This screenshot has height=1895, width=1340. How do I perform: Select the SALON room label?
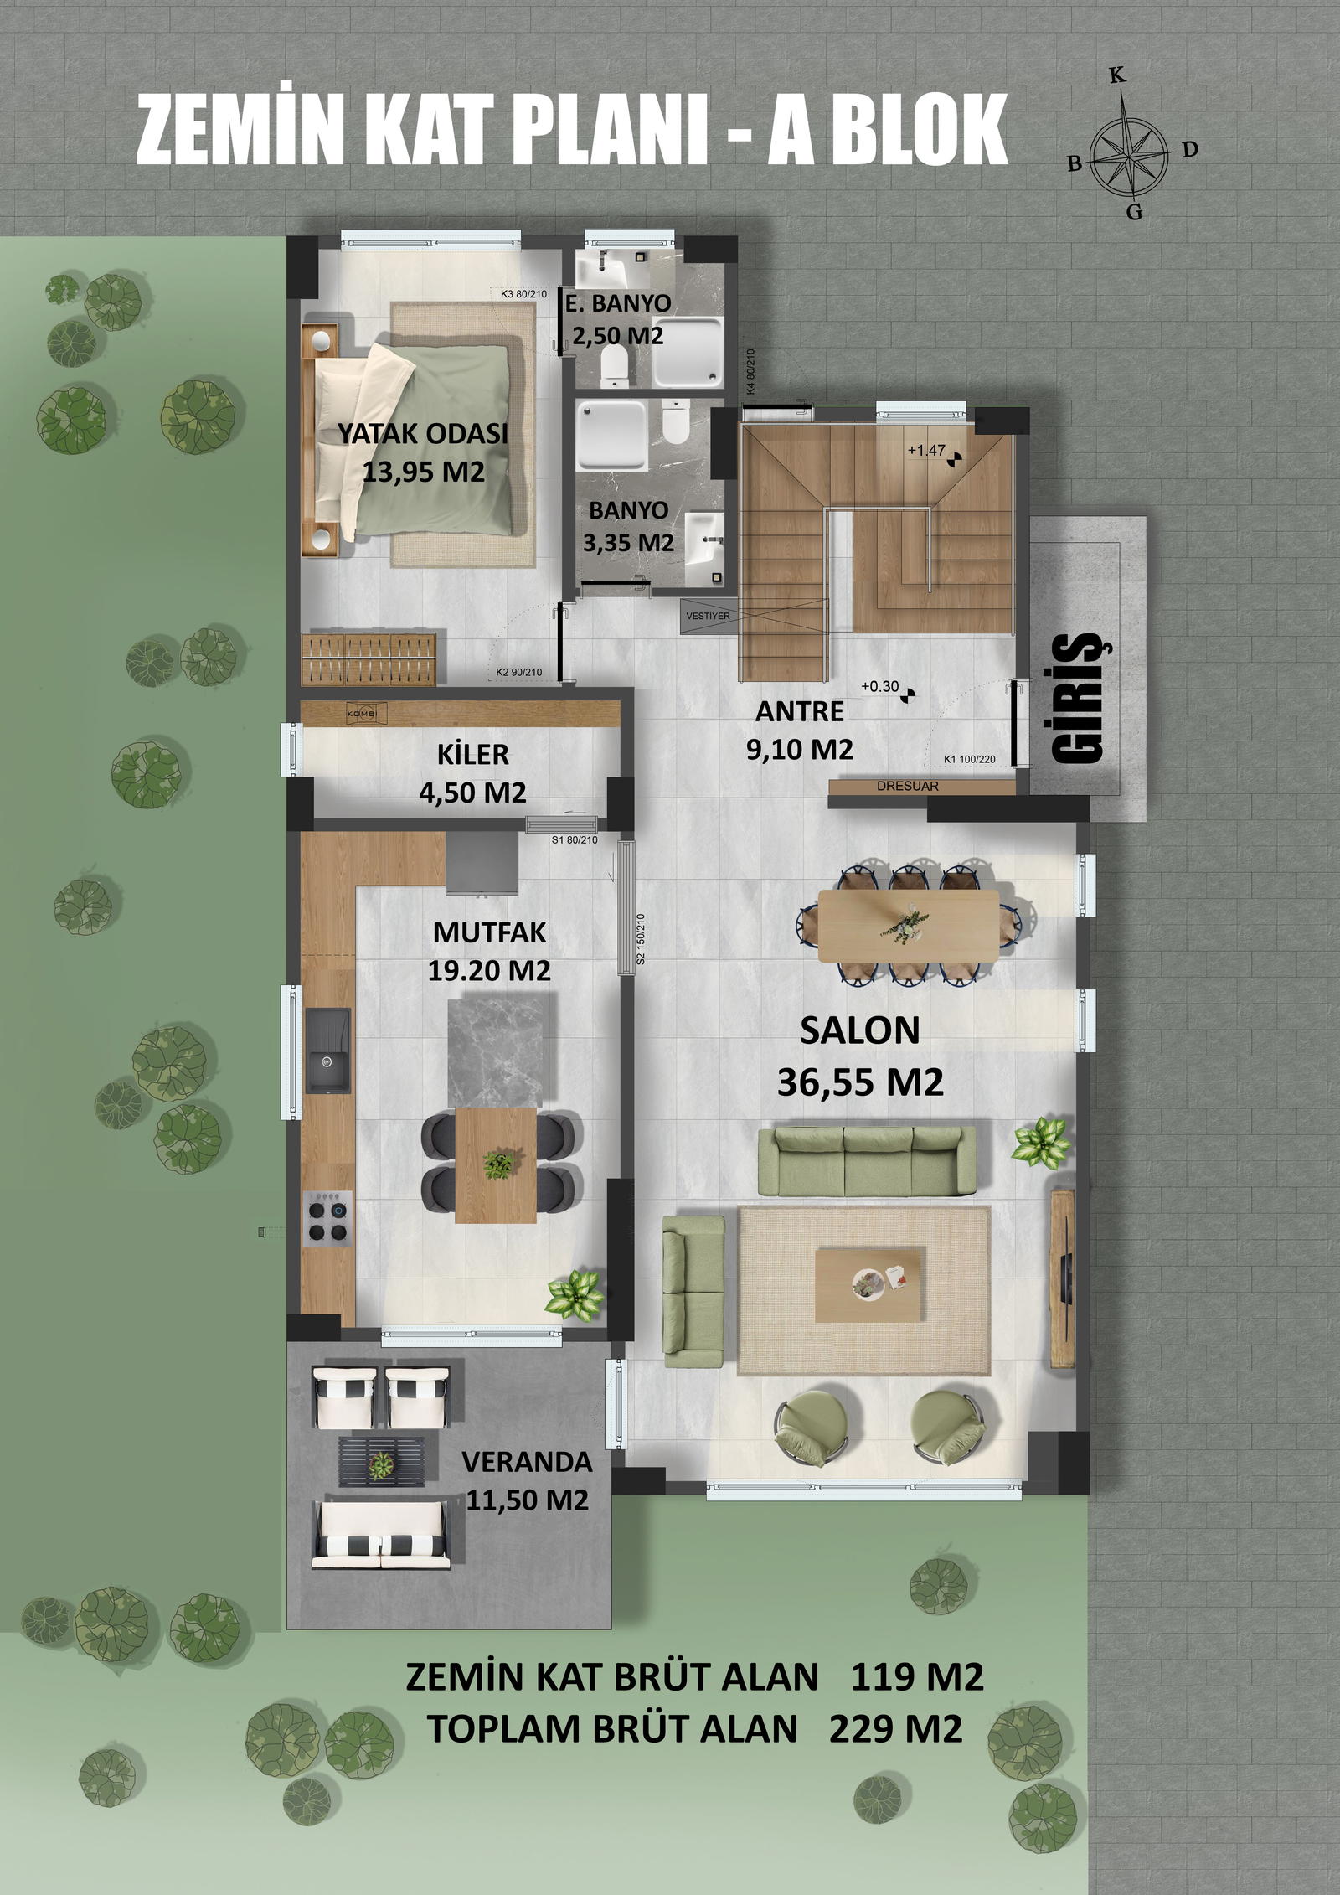pos(860,1030)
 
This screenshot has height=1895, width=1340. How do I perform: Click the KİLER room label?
pos(472,754)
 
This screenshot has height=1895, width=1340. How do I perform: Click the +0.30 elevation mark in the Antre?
pos(889,689)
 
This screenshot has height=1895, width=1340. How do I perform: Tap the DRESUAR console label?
pos(908,787)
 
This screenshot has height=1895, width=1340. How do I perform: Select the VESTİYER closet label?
pos(708,616)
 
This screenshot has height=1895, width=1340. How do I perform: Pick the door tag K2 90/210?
pos(519,673)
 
